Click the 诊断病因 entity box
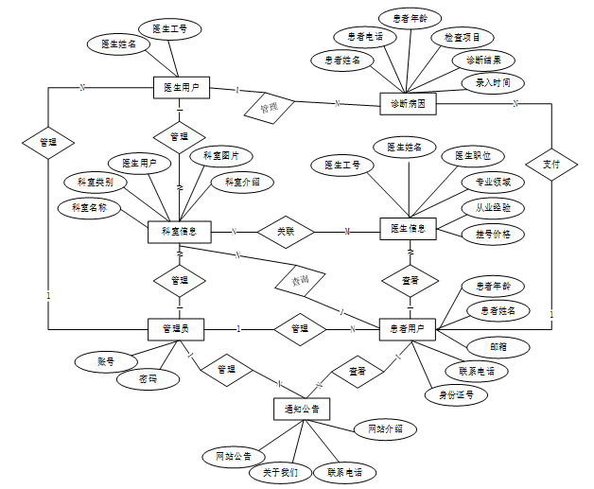tap(408, 102)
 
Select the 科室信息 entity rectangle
tap(179, 232)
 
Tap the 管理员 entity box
tap(177, 328)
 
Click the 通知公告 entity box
tap(301, 409)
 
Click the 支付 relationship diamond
tap(550, 165)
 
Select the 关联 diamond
tap(287, 231)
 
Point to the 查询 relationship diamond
tap(300, 281)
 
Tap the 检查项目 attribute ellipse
tap(463, 38)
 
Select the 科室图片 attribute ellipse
tap(221, 155)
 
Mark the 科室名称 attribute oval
tap(89, 206)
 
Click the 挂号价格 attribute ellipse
tap(493, 233)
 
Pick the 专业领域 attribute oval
tap(493, 181)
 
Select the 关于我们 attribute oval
tap(280, 471)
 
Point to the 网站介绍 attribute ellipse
tap(385, 428)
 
